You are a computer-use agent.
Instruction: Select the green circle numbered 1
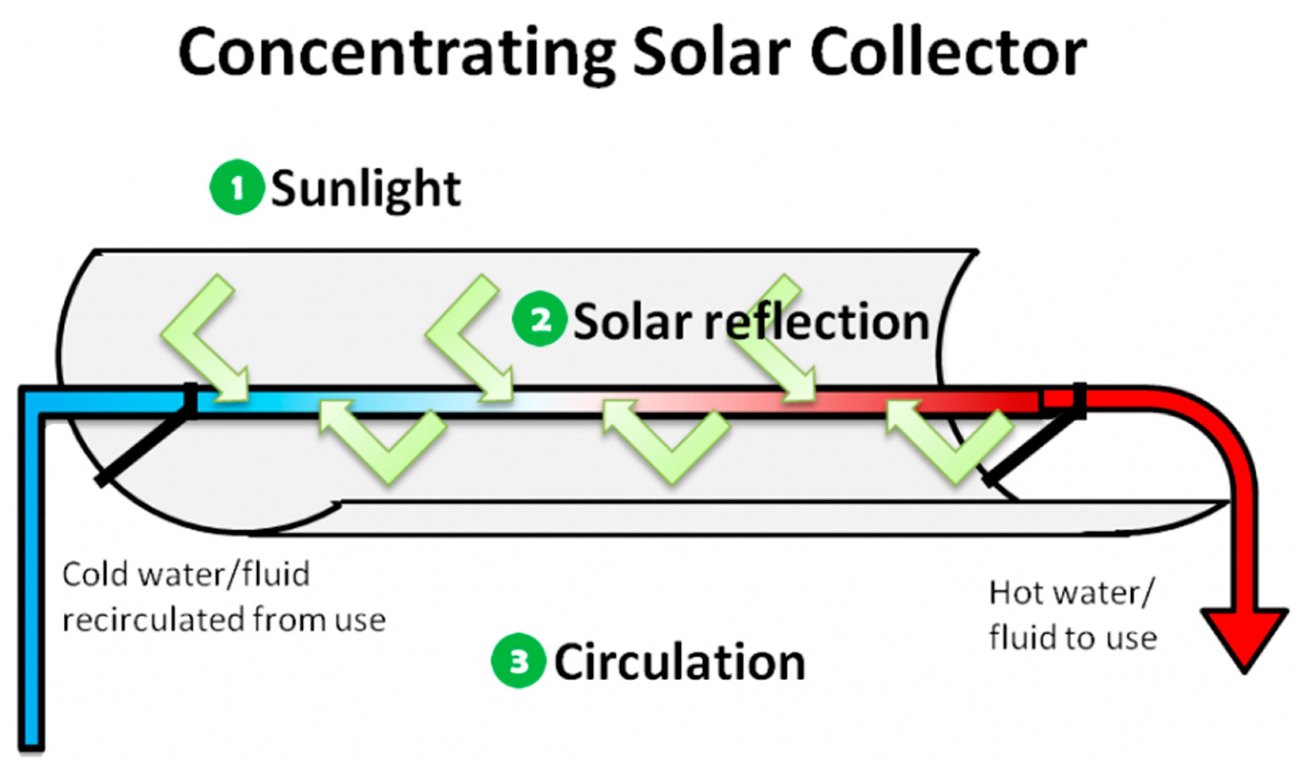[237, 187]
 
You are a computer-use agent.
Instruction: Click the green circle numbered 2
[540, 319]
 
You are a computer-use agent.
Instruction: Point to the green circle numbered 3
[519, 661]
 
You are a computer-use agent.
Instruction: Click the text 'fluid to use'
[1072, 638]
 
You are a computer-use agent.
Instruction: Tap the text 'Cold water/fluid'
[186, 575]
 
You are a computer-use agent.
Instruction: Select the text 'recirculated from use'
[224, 620]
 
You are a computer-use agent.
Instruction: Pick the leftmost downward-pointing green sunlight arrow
[205, 341]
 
